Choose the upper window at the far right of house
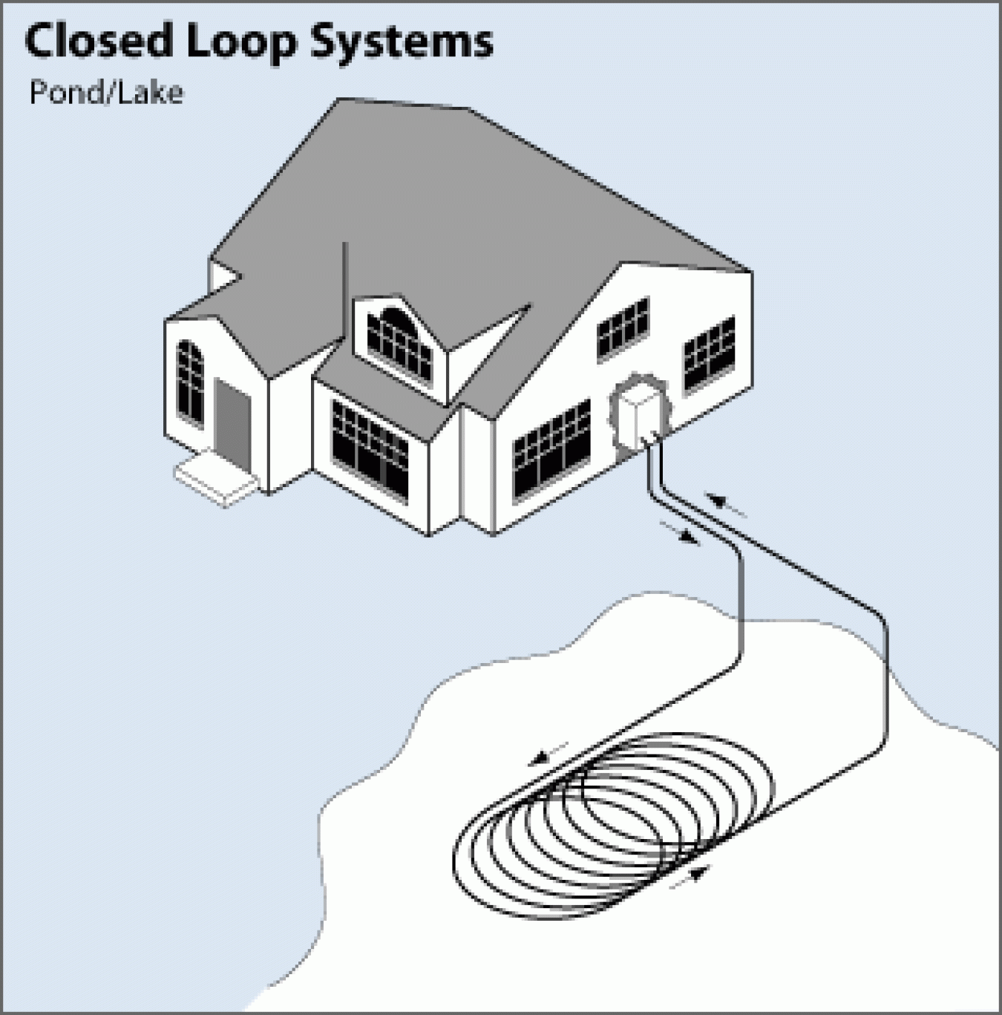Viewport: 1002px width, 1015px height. coord(709,353)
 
